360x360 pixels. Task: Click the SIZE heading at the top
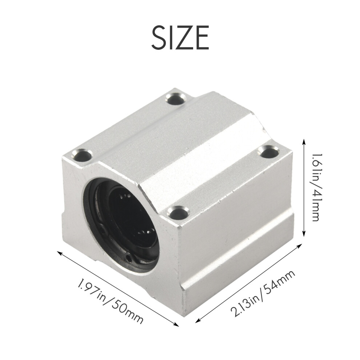180,37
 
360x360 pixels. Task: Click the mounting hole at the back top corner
176,99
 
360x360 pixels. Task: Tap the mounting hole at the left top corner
82,155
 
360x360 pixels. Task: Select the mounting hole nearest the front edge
179,212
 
